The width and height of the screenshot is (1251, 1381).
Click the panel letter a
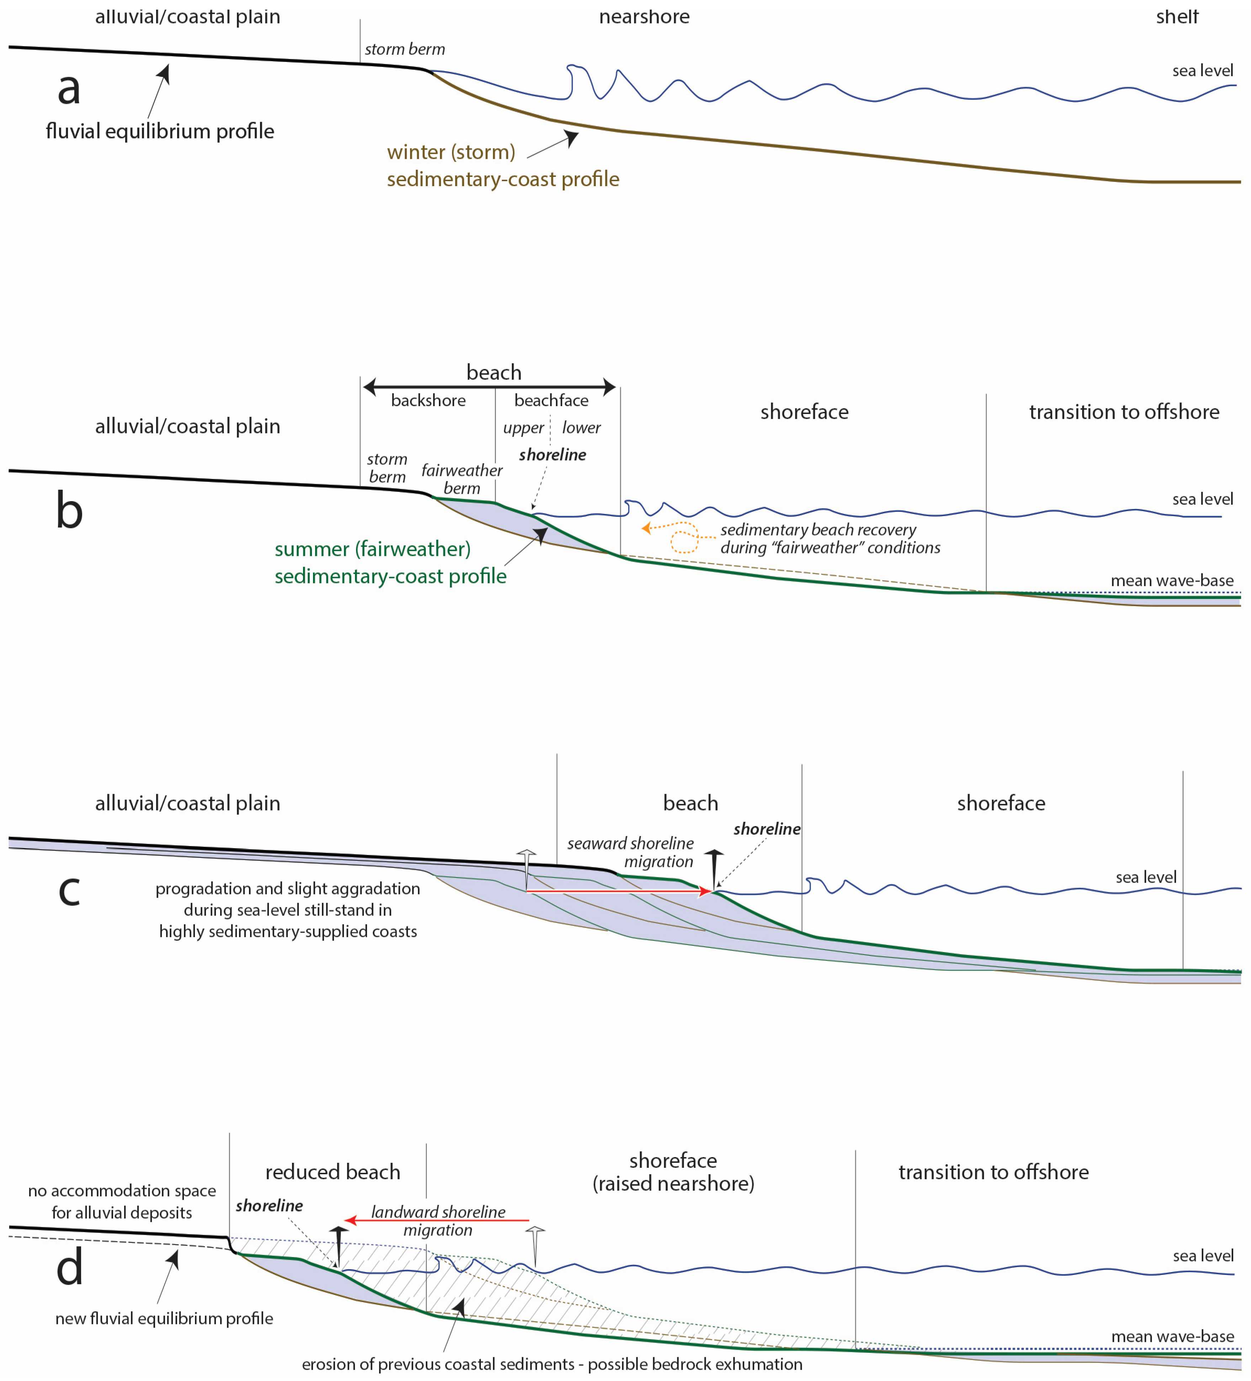(x=69, y=89)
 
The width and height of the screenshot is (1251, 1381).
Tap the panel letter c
(x=69, y=890)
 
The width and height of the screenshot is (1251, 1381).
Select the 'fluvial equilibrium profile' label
(x=160, y=131)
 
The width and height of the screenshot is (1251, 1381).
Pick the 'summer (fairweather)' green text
(x=372, y=549)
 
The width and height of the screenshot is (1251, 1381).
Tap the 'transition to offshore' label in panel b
(x=1124, y=412)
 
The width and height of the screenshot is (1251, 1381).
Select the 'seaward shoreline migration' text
(x=630, y=852)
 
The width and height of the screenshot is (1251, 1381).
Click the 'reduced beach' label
(x=332, y=1172)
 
